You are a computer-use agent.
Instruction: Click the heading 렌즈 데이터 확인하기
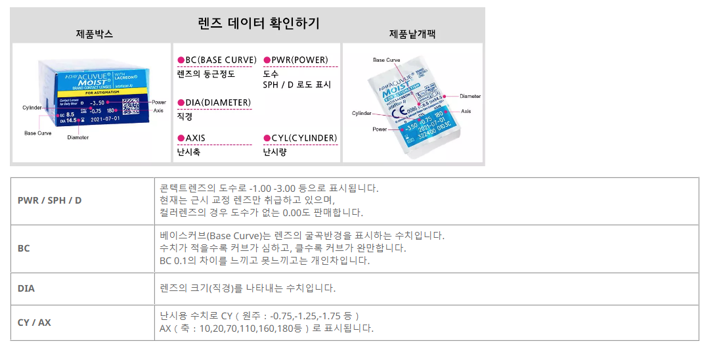coord(259,24)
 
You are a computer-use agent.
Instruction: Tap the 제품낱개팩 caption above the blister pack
coord(412,34)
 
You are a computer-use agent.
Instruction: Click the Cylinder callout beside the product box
coord(32,107)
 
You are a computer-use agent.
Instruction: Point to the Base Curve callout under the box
coord(38,133)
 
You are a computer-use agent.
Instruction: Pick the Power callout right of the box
coord(158,102)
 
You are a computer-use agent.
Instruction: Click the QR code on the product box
coord(131,107)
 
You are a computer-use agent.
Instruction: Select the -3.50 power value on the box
coord(97,103)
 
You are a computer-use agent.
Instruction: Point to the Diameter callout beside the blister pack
coord(470,96)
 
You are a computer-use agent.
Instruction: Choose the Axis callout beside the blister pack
coord(466,112)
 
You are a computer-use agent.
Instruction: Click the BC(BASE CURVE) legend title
coord(221,60)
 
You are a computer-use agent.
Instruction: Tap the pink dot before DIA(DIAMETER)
coord(181,102)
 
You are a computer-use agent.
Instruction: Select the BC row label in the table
coord(24,249)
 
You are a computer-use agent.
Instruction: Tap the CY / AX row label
coord(34,323)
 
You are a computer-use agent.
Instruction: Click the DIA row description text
coord(248,288)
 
